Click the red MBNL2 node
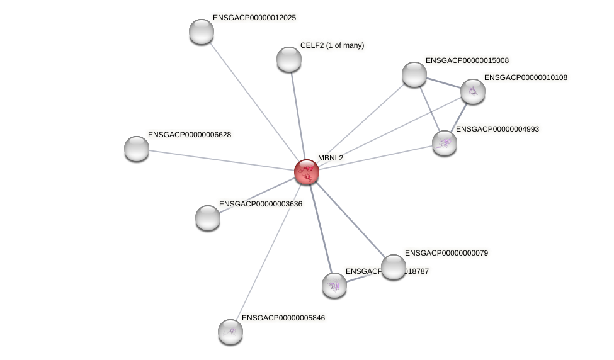coord(307,172)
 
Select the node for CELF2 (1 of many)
coord(289,59)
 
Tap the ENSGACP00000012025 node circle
coord(202,31)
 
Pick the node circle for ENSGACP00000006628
coord(137,149)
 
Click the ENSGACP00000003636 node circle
coord(208,218)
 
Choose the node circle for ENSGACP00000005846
coord(230,332)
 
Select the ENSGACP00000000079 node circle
coord(394,267)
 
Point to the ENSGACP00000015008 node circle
coord(414,74)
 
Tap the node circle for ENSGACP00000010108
coord(473,91)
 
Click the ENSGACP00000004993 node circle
coord(445,143)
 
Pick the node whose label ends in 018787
coord(334,285)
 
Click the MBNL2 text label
coord(331,158)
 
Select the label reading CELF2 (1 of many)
coord(332,45)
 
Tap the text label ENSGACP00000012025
coord(254,18)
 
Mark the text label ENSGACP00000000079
coord(446,253)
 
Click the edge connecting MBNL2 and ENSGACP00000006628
coord(220,160)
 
